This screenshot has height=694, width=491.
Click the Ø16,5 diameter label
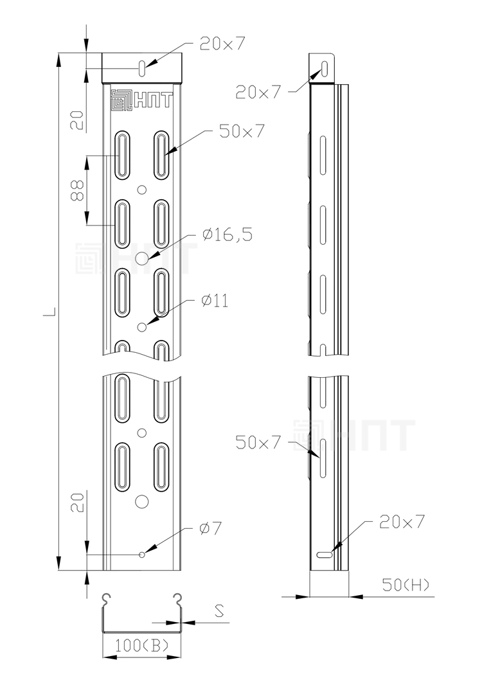point(228,235)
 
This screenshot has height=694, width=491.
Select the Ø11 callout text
point(215,301)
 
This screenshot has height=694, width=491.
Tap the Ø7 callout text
point(210,528)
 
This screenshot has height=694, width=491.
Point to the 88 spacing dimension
point(78,190)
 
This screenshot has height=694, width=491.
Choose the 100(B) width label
point(142,646)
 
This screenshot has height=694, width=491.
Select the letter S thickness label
point(219,611)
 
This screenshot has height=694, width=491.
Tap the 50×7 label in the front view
point(242,131)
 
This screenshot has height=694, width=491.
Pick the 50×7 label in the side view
point(258,442)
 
